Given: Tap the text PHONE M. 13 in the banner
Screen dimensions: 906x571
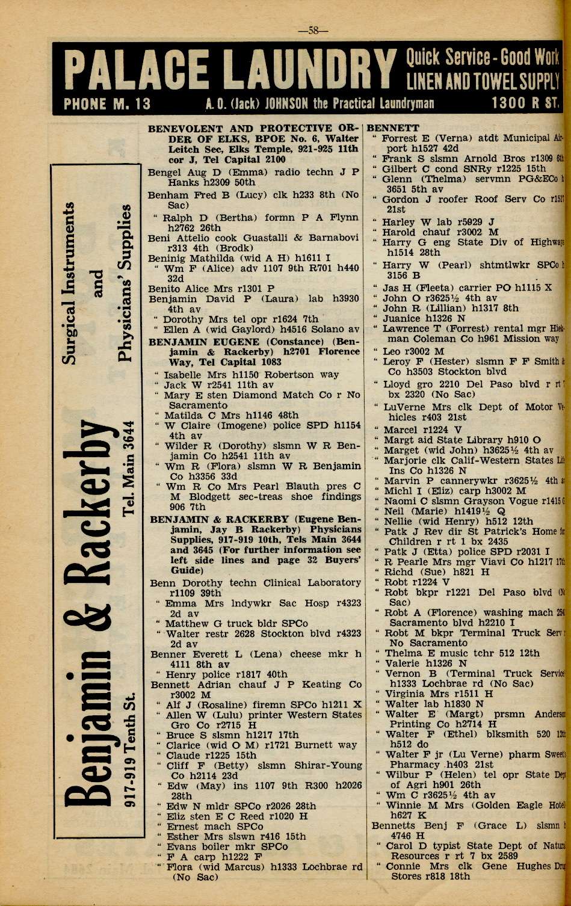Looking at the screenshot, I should [x=107, y=103].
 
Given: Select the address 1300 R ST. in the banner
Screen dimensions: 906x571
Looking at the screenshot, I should [x=524, y=103].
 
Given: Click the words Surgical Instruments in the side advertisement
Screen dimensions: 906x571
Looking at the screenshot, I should [x=70, y=283].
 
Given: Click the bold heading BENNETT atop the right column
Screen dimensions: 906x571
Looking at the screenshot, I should [x=393, y=128].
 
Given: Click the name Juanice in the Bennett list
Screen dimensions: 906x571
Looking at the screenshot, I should [x=401, y=318].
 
